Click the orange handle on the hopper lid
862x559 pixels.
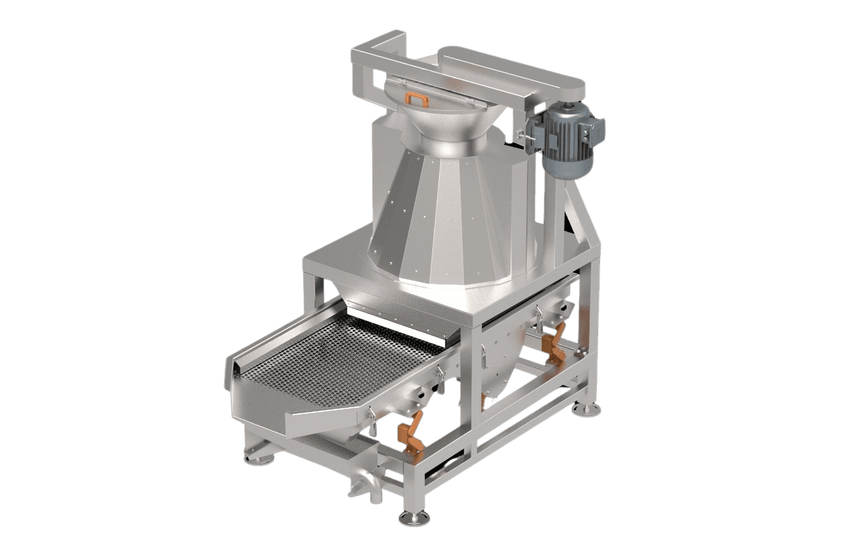(416, 100)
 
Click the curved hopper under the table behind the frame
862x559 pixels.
(504, 361)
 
